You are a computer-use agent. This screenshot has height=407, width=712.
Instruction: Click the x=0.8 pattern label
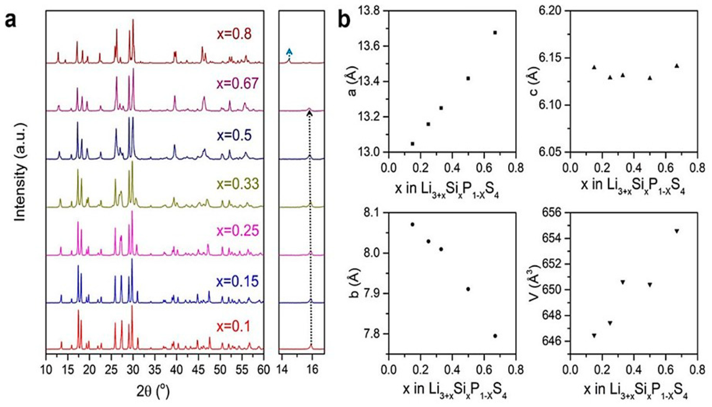(x=234, y=34)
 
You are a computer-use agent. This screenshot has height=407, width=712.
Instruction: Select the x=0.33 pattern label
(x=238, y=184)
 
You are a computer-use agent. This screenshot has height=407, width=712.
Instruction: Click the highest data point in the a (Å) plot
(x=495, y=32)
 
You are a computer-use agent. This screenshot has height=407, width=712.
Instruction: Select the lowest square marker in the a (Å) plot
(x=413, y=144)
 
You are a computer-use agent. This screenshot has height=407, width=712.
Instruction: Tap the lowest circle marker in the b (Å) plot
(x=495, y=336)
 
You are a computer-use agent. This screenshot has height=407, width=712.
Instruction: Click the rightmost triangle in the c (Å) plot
(x=677, y=66)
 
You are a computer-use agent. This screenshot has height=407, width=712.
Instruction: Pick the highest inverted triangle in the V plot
(x=677, y=231)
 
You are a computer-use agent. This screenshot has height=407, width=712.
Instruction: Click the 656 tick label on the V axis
(x=554, y=213)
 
